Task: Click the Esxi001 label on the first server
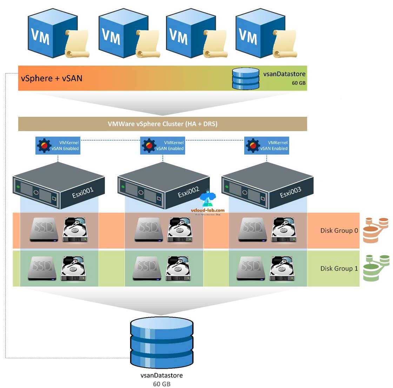[83, 193]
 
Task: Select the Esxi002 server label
[188, 192]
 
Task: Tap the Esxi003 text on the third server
[291, 192]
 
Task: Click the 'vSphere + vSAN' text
[52, 78]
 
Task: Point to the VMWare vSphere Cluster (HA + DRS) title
[162, 124]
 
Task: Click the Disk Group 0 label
[339, 230]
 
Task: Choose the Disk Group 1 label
[339, 268]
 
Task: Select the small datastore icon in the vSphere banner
[245, 78]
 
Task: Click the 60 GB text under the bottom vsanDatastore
[161, 383]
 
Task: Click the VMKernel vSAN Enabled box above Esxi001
[58, 146]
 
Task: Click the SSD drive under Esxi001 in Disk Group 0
[44, 230]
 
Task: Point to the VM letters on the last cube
[248, 36]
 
